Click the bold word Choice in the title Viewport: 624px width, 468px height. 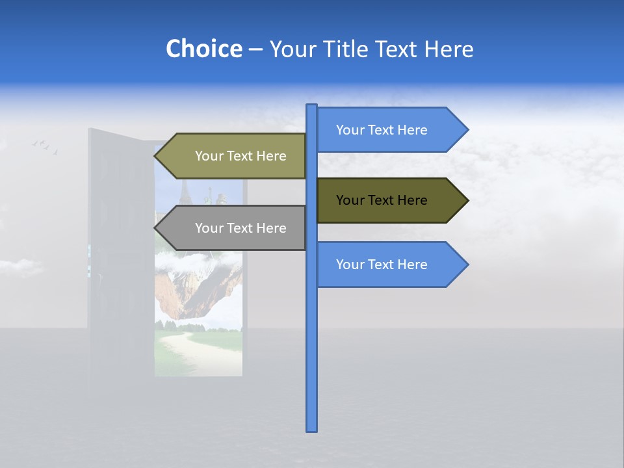(204, 49)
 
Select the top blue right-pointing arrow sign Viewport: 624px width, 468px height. (390, 130)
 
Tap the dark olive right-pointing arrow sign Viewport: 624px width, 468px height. (390, 200)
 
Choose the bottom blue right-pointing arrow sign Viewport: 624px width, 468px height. (390, 265)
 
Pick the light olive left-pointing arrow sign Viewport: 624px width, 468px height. (234, 156)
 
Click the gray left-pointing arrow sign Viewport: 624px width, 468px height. (234, 228)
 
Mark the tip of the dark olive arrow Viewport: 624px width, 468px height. (467, 200)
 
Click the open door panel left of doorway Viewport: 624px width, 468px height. (120, 260)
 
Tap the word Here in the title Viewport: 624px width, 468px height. (449, 49)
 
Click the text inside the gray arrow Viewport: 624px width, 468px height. (240, 228)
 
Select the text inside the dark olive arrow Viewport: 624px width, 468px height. (382, 200)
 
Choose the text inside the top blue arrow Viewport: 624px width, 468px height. (382, 130)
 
